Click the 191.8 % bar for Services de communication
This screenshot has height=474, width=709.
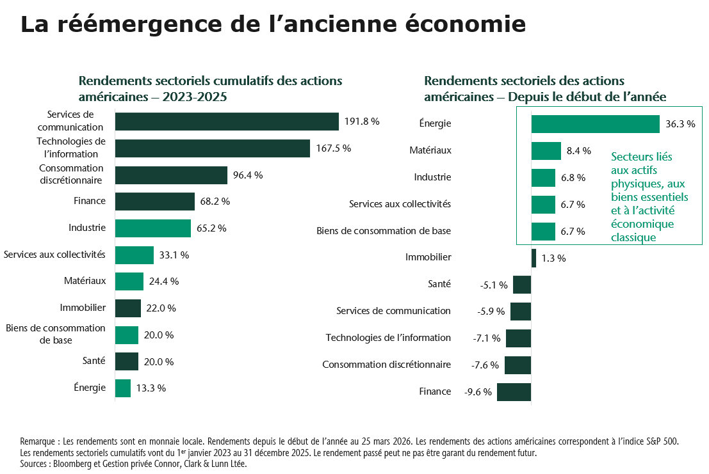point(227,122)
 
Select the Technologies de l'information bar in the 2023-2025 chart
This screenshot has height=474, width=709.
point(213,148)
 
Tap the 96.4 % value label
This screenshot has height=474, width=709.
point(248,175)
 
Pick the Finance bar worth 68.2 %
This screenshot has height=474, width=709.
point(155,201)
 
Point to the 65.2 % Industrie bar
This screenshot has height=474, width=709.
point(153,228)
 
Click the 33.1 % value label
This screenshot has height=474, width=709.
point(174,255)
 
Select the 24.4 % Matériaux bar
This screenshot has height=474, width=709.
point(129,281)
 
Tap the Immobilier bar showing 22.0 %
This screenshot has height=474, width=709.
point(128,308)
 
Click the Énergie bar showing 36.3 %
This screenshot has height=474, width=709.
point(595,124)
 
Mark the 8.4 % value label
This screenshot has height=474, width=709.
point(578,151)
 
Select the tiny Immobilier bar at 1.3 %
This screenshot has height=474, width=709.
point(534,258)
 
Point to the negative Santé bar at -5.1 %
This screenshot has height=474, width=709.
point(522,285)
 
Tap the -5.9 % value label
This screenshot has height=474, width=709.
point(491,312)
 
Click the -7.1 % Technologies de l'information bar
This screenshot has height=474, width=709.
point(518,338)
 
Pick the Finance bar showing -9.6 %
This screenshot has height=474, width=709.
point(514,392)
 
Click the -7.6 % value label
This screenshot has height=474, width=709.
point(485,365)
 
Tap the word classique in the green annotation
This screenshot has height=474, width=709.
point(633,237)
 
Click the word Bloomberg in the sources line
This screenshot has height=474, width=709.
point(74,464)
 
